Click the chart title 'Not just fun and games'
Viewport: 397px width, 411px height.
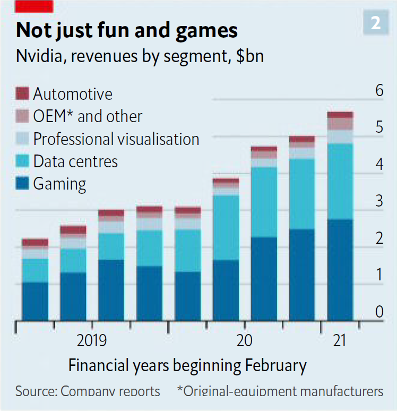(126, 30)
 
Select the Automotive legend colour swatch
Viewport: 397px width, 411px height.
(23, 94)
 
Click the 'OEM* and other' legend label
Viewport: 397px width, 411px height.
(88, 116)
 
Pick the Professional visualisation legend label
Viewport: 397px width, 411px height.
(116, 139)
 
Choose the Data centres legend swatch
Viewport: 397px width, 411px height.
(23, 161)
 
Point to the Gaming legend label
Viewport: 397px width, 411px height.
(59, 184)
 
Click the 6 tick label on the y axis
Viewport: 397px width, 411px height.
(379, 91)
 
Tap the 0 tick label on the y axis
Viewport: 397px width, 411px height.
(379, 312)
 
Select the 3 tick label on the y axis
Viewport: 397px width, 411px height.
(379, 201)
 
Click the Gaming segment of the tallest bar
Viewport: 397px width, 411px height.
(340, 270)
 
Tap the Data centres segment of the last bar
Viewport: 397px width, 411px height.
(340, 181)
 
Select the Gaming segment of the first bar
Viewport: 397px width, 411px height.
(35, 301)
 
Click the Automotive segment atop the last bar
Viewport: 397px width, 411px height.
(340, 115)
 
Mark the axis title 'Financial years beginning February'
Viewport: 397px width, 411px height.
(187, 366)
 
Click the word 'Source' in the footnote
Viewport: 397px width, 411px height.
(34, 392)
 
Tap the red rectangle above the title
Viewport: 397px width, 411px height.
(34, 6)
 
